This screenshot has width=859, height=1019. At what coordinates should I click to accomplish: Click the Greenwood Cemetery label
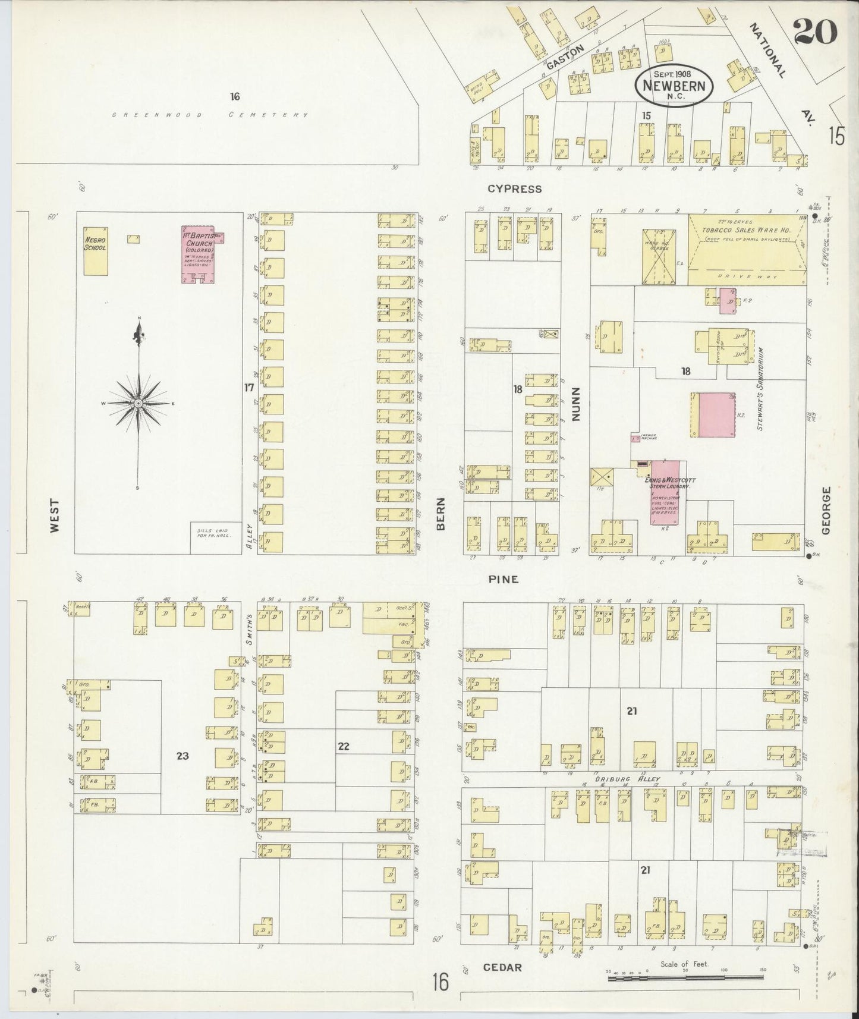pos(210,115)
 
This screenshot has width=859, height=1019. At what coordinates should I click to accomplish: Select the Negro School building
pos(95,250)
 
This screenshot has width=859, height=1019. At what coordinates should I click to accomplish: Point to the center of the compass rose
pos(139,403)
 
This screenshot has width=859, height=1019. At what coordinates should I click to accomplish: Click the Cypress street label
pos(514,189)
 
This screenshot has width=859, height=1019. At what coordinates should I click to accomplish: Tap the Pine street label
pos(503,578)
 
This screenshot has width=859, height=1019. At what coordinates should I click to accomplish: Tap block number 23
pos(183,756)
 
